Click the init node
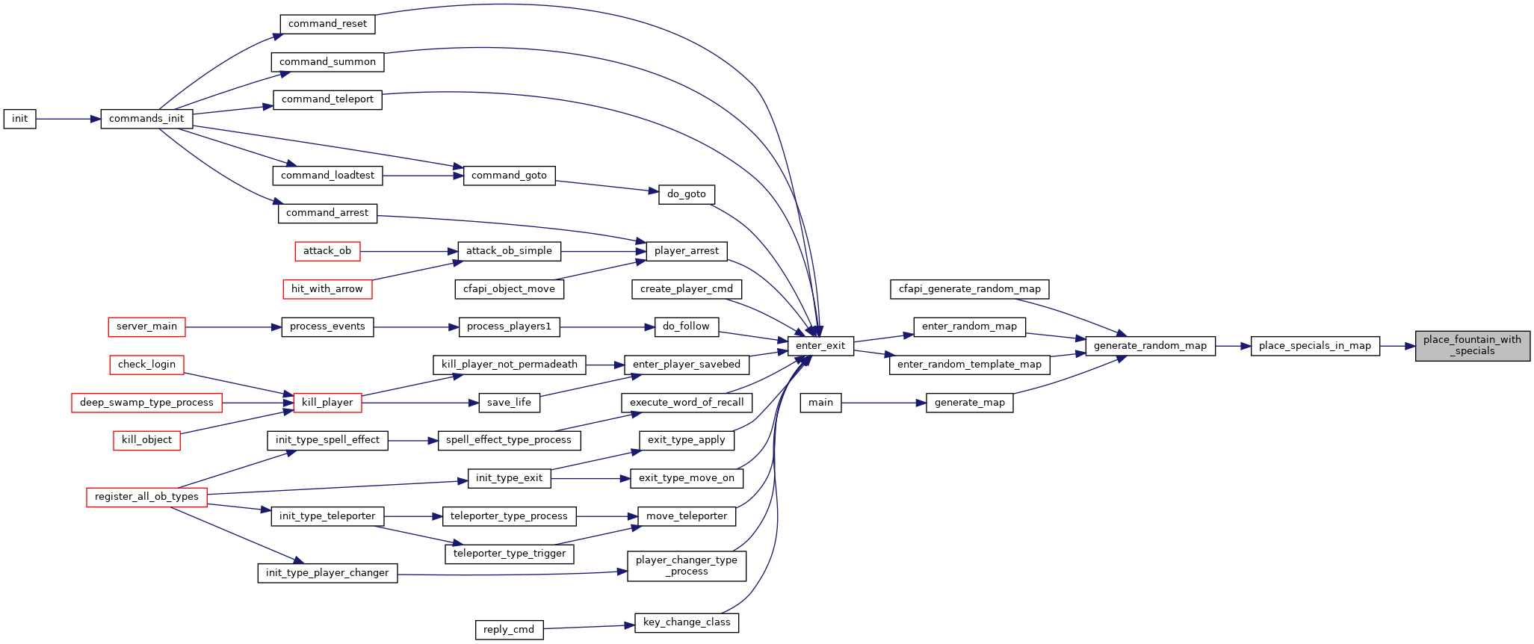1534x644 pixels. click(19, 119)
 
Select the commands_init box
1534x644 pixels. click(146, 119)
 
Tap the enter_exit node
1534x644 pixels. click(820, 345)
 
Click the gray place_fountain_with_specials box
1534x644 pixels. click(1472, 345)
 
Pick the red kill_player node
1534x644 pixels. click(327, 403)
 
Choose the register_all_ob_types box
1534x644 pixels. click(146, 497)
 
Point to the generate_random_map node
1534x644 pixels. click(1150, 345)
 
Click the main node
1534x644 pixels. click(820, 403)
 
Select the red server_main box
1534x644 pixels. click(146, 326)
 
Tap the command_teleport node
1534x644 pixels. click(327, 99)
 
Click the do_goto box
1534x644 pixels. click(687, 194)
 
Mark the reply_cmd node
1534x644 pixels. click(509, 630)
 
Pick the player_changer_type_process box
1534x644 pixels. click(687, 566)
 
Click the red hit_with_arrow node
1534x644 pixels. click(327, 289)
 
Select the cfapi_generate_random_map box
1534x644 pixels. click(970, 289)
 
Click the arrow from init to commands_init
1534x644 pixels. click(68, 119)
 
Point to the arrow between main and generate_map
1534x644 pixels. click(883, 403)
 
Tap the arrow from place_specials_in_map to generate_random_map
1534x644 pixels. click(1233, 345)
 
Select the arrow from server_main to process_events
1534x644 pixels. click(233, 326)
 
